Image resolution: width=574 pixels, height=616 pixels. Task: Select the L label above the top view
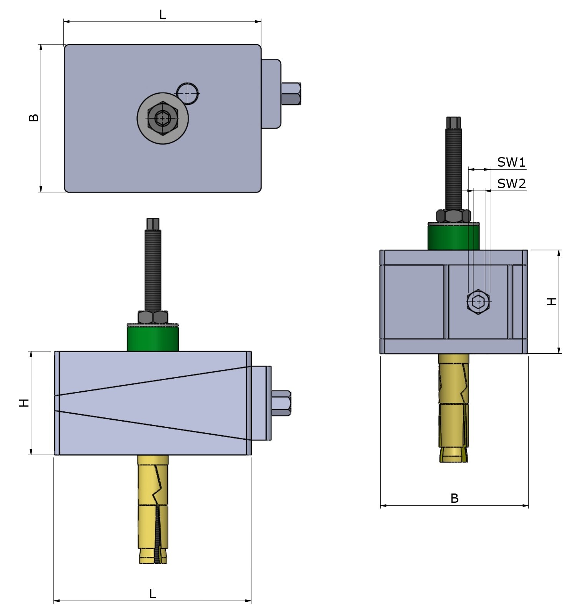click(162, 15)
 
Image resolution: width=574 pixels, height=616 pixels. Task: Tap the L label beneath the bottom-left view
click(152, 594)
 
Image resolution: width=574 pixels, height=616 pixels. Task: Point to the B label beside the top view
click(34, 118)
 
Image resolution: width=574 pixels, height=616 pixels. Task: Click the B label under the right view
click(454, 498)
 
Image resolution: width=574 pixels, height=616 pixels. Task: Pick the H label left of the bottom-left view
click(24, 403)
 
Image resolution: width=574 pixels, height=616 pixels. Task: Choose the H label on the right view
click(552, 301)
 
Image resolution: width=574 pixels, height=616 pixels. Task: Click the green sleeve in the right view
click(453, 237)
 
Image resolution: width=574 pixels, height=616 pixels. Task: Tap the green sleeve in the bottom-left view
click(153, 338)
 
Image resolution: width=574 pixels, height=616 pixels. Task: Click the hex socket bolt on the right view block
click(478, 302)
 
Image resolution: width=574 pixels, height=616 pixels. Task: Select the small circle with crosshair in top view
click(187, 93)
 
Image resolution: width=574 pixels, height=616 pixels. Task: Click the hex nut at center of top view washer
click(162, 118)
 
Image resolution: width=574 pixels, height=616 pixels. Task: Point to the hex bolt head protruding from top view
click(291, 93)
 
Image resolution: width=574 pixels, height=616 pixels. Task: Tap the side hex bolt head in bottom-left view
click(281, 403)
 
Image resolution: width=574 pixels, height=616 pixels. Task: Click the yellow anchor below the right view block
click(453, 407)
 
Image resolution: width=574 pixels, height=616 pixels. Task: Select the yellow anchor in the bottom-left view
click(153, 507)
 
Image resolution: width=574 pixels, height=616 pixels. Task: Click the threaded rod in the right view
click(453, 169)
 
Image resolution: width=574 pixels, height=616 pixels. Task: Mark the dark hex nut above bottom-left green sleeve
click(153, 317)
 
